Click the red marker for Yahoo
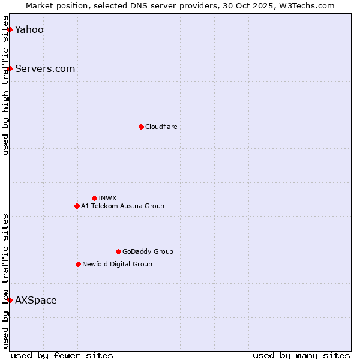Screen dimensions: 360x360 tap(10, 29)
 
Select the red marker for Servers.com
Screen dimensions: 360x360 tap(10, 68)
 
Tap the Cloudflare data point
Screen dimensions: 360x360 tap(141, 127)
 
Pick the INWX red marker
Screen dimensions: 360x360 tap(94, 198)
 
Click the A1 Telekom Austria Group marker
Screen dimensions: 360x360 tap(77, 206)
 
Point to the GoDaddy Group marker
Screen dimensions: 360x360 tap(118, 251)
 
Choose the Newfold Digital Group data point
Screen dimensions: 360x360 tap(78, 264)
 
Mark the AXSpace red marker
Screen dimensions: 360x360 tap(10, 300)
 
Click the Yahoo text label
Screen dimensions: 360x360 tap(29, 30)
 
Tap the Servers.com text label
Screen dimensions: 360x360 tap(45, 69)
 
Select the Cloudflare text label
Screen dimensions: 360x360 tap(161, 127)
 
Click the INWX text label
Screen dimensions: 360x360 tap(107, 198)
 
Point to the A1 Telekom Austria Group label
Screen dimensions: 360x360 tap(122, 206)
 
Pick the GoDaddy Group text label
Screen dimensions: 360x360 tap(148, 251)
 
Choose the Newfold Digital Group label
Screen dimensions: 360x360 tap(117, 264)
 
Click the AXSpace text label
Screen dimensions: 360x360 tap(36, 301)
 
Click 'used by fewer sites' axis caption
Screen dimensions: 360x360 tap(62, 355)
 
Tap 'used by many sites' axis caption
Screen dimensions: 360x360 tap(301, 355)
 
